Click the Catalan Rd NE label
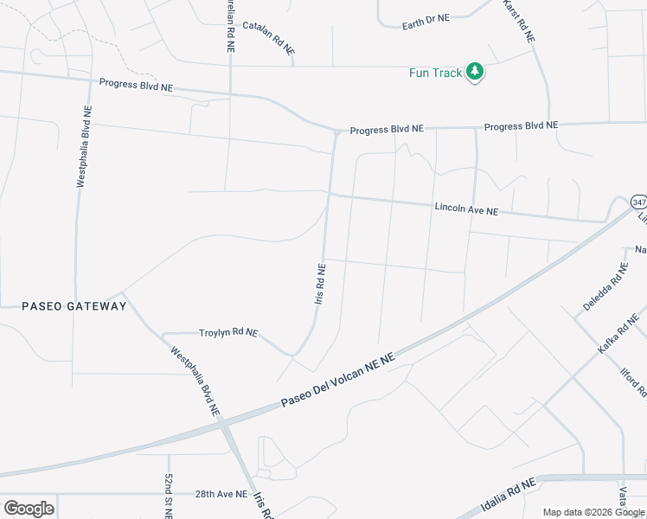tap(268, 38)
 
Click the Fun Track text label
tap(436, 73)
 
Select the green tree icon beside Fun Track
tap(474, 72)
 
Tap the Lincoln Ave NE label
tap(466, 208)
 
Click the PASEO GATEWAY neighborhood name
tap(74, 306)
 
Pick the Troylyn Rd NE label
tap(228, 332)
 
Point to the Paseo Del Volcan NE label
tap(338, 381)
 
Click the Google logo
tap(29, 508)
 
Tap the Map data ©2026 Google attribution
tap(594, 512)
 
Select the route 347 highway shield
tap(638, 202)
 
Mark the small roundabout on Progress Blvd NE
tap(336, 131)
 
